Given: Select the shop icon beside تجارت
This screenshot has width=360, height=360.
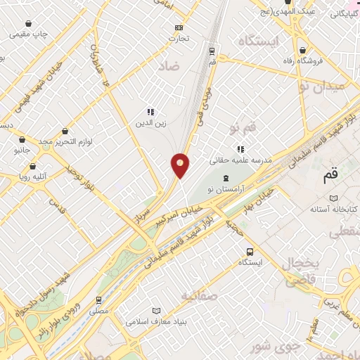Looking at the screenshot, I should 179,28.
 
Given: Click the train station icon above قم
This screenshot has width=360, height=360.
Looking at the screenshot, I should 212,51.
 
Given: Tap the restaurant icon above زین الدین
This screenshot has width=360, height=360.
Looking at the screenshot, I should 150,112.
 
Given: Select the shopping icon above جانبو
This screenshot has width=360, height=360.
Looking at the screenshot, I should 23,139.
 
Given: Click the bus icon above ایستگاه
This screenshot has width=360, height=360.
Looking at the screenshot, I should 250,252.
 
